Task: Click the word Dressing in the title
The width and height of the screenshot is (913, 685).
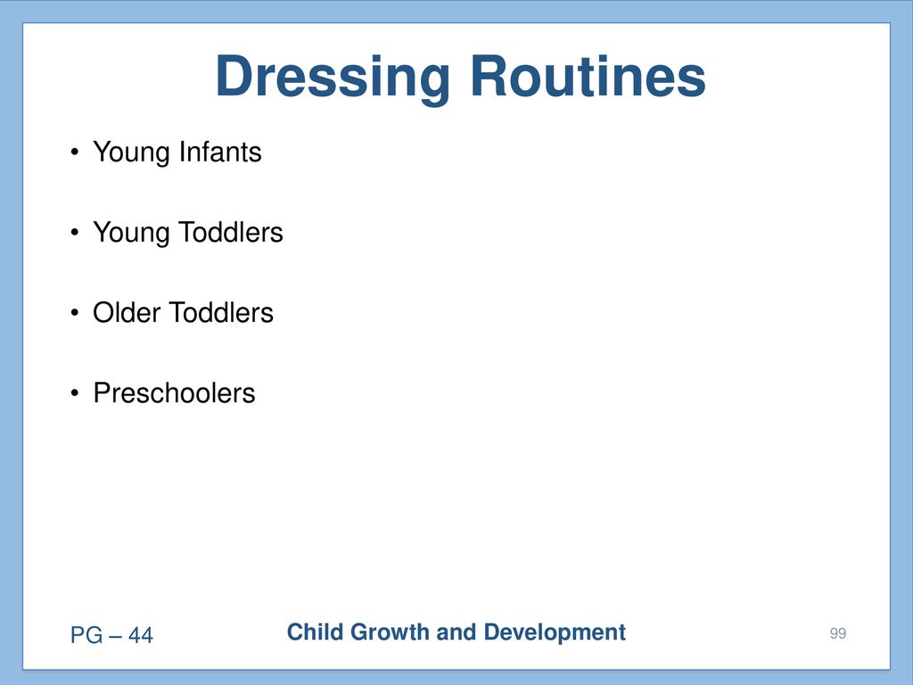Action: pos(333,79)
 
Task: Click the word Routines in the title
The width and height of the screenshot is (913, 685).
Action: pos(588,76)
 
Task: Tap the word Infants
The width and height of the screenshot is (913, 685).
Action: pos(220,152)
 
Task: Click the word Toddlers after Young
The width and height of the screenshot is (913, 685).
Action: pos(231,233)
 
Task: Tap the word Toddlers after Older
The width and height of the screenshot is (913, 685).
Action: pos(221,313)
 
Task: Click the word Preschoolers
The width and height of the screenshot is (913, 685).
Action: pos(174,393)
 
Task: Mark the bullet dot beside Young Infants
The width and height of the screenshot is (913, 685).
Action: pos(74,153)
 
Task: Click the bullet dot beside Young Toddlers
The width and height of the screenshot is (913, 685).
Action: pos(74,233)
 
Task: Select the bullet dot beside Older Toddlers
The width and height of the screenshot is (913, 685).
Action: pos(74,313)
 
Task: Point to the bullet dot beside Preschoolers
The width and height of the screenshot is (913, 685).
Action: pos(74,393)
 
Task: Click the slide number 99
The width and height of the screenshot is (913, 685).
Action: pos(838,634)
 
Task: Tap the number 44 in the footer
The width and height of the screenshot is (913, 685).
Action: pos(140,635)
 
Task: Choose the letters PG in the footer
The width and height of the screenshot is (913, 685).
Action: pos(86,635)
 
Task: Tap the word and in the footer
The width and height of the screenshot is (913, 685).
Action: pos(456,632)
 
